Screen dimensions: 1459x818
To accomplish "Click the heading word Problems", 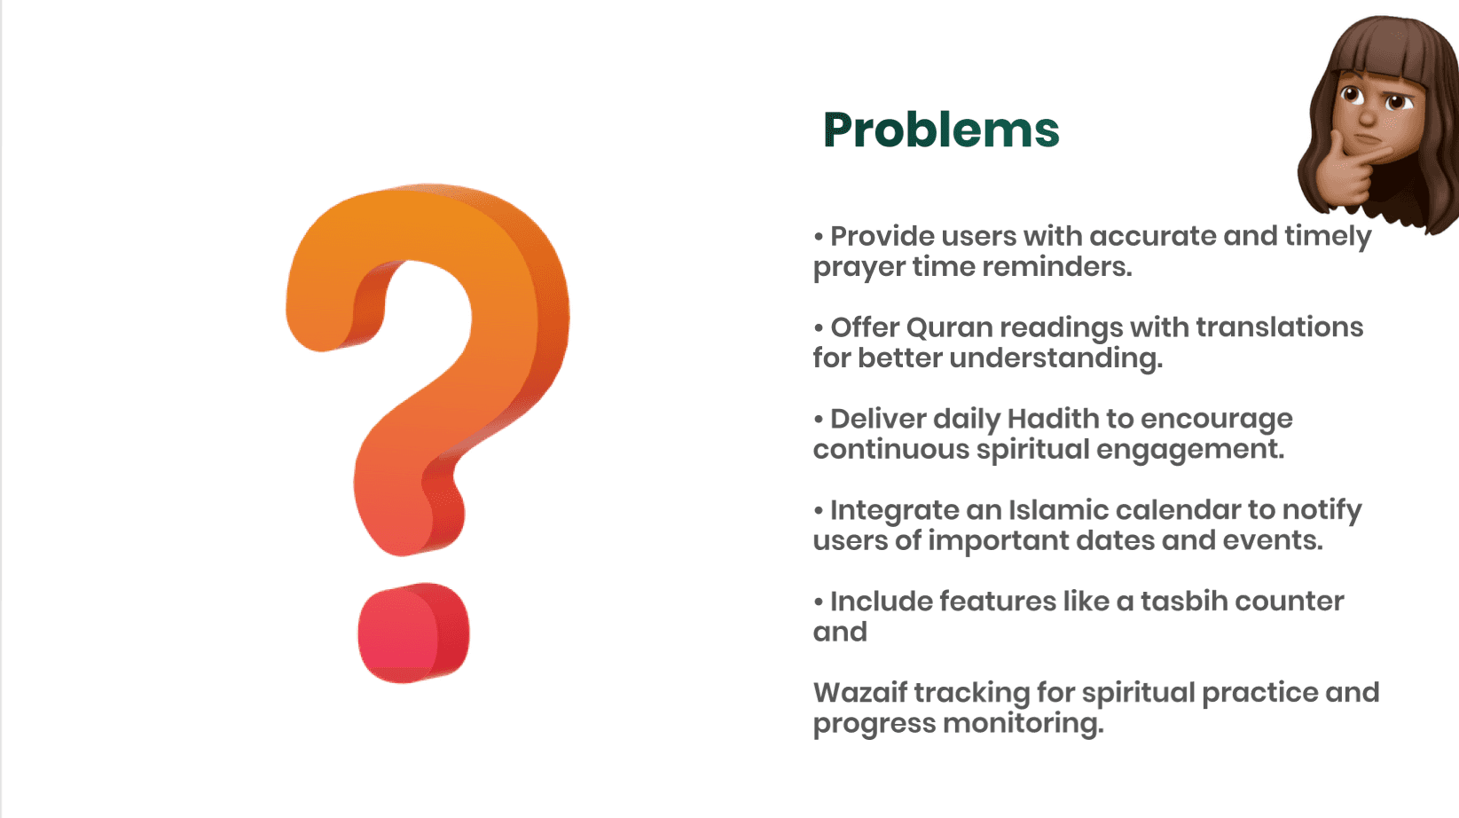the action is tap(941, 130).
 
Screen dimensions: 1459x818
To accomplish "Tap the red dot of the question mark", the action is tap(413, 633).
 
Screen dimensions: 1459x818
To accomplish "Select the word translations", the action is tap(1279, 327).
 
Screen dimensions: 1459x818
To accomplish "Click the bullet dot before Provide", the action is tap(818, 237).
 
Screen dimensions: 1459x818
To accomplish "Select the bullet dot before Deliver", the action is tap(818, 419).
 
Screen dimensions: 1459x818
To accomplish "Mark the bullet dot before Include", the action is tap(818, 602).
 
